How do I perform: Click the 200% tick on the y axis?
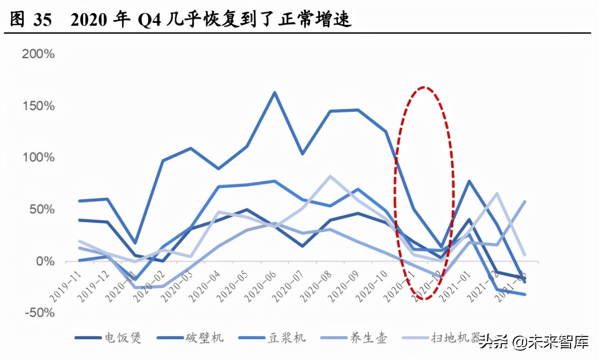pyautogui.click(x=38, y=54)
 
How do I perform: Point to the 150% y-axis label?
pyautogui.click(x=38, y=106)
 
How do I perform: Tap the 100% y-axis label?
pyautogui.click(x=38, y=158)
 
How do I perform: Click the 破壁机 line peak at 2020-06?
pyautogui.click(x=275, y=92)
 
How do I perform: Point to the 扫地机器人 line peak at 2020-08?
pyautogui.click(x=331, y=176)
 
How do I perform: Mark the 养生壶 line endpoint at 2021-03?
pyautogui.click(x=525, y=202)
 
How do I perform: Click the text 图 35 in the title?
pyautogui.click(x=29, y=21)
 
